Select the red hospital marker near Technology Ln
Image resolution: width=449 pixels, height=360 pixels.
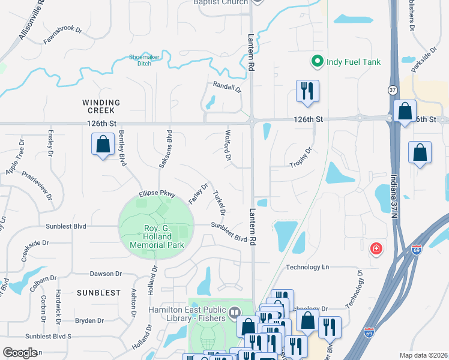(x=376, y=248)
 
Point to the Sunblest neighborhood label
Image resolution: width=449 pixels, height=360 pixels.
(x=94, y=292)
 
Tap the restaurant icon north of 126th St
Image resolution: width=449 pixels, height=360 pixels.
(x=307, y=91)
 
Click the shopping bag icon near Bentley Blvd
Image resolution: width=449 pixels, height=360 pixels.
(x=103, y=145)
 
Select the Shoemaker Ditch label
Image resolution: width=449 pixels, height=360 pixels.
(x=145, y=60)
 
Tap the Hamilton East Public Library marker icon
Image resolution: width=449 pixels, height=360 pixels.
(x=234, y=312)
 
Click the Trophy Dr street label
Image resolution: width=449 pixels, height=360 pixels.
(x=301, y=157)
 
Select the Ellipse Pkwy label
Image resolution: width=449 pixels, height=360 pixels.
(x=157, y=194)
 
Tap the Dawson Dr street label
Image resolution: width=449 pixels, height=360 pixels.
(x=106, y=274)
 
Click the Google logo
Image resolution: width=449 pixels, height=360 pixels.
(x=20, y=353)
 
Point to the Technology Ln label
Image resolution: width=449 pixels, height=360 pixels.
(x=308, y=267)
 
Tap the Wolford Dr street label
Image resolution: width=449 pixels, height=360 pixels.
(x=228, y=146)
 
